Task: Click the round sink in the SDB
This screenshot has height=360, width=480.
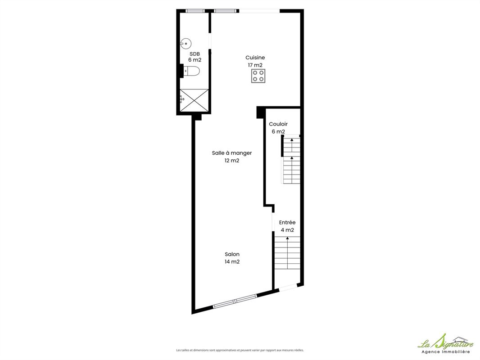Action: tap(186, 44)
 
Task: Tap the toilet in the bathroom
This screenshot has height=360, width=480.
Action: tap(191, 71)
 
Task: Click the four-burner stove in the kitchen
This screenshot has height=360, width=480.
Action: tap(258, 76)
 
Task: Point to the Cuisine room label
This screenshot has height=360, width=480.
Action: tap(255, 58)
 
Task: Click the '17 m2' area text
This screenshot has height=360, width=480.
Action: tap(255, 65)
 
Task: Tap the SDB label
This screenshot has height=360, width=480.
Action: tap(195, 54)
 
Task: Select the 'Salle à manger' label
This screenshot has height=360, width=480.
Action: tap(232, 153)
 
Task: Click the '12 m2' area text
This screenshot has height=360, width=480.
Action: tap(232, 161)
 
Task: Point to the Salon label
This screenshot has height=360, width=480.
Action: tap(232, 254)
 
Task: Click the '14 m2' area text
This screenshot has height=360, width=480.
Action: tap(232, 262)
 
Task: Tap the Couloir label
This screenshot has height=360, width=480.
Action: tap(278, 124)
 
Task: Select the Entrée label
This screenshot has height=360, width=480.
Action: tap(287, 222)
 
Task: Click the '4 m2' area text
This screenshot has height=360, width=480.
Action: tap(287, 230)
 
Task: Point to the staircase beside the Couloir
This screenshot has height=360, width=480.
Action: tap(291, 159)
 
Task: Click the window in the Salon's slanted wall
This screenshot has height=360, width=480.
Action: tap(235, 301)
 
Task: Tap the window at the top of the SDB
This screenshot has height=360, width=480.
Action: tap(195, 11)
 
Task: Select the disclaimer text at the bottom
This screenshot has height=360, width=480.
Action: tap(240, 350)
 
